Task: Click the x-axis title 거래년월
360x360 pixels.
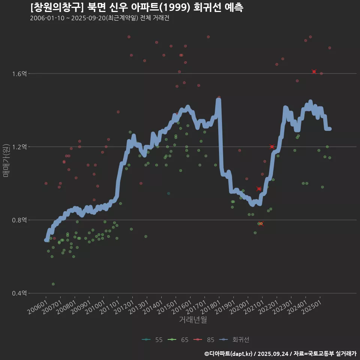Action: [193, 320]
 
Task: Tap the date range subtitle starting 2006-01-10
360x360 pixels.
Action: [100, 18]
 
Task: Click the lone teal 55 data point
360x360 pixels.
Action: [169, 193]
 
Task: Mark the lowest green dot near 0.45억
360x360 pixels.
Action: [53, 284]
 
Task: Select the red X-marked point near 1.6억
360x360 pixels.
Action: [314, 72]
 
